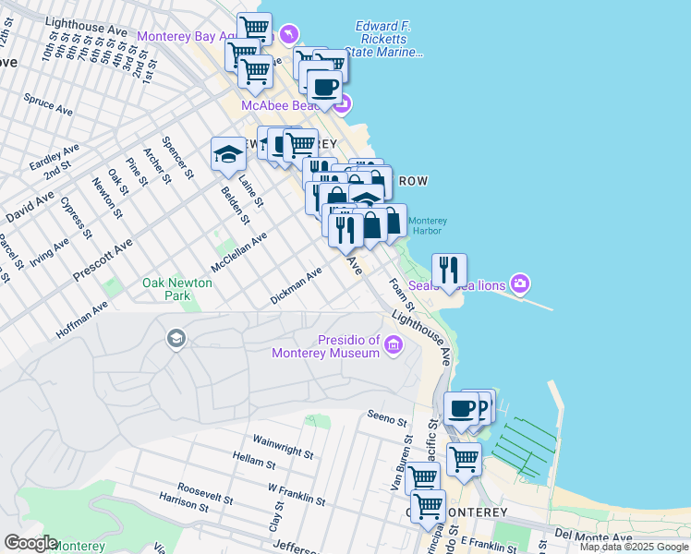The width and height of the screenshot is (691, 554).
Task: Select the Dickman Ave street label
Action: (x=296, y=286)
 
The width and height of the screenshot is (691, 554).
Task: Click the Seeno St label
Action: (x=387, y=421)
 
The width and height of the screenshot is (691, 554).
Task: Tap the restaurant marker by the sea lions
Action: (x=449, y=270)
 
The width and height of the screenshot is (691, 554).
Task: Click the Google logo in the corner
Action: (x=30, y=543)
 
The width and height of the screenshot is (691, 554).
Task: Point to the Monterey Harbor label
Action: (x=428, y=225)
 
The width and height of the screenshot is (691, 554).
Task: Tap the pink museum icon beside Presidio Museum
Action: (x=394, y=346)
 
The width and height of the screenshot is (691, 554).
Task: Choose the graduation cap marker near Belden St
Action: (x=227, y=154)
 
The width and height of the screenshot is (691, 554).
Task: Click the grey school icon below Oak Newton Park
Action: (x=175, y=340)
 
